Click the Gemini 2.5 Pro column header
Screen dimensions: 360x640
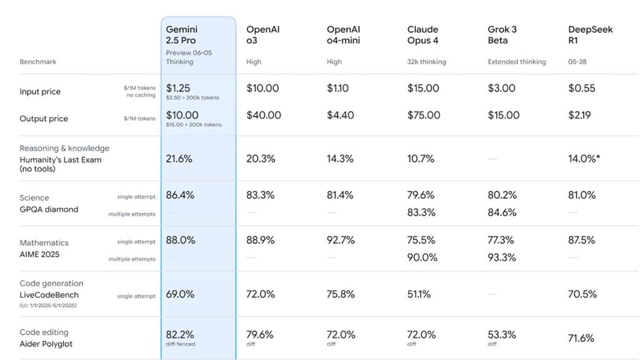tap(181, 35)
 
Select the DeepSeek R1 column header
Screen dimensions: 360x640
tap(581, 35)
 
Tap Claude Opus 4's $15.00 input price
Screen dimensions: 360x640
tap(423, 88)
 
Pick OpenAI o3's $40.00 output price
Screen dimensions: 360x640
tap(263, 115)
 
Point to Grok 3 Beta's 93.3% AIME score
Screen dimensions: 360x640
tap(502, 257)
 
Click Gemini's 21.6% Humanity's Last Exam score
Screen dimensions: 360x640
tap(179, 159)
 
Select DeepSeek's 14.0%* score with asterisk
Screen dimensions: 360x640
tap(584, 159)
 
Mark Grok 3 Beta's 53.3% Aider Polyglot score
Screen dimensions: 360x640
tap(502, 335)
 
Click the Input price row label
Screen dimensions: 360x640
tap(40, 92)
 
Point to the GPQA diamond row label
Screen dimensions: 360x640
tap(49, 209)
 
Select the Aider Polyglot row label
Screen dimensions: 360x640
tap(46, 344)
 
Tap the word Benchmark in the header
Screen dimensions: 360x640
tap(37, 62)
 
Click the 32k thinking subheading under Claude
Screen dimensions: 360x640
tap(426, 62)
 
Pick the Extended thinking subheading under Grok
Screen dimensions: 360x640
tap(516, 62)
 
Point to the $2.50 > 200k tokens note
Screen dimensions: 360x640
tap(192, 97)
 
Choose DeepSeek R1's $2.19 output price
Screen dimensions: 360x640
tap(581, 115)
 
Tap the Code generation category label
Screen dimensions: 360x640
tap(51, 283)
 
